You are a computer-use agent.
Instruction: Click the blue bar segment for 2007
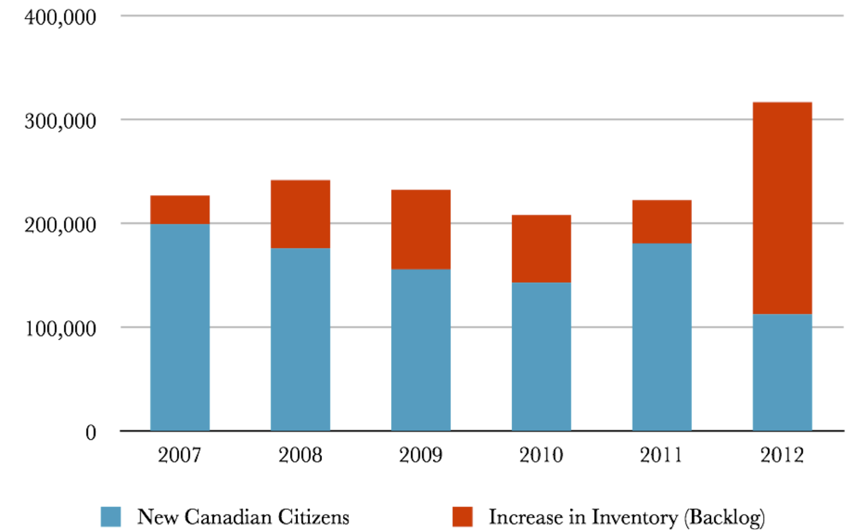[180, 327]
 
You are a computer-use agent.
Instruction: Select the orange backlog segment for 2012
[782, 208]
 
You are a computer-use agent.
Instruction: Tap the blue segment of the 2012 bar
[782, 372]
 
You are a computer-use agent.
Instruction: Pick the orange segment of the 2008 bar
[300, 214]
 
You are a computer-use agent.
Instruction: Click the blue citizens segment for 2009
[421, 350]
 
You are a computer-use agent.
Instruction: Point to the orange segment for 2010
[541, 249]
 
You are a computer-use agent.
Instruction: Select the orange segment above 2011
[661, 222]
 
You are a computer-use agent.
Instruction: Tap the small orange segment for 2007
[180, 210]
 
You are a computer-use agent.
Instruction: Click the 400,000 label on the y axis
[60, 18]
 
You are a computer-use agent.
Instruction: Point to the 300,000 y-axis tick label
[60, 121]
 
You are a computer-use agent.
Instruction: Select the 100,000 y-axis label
[60, 329]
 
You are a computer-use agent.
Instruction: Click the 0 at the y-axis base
[91, 433]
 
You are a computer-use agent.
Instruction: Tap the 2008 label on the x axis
[300, 455]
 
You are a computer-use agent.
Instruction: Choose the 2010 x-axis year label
[541, 455]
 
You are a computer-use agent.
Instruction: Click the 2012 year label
[782, 455]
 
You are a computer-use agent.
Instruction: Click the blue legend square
[111, 517]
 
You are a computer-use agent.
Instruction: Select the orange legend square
[462, 517]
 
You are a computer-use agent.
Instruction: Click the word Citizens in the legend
[313, 517]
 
